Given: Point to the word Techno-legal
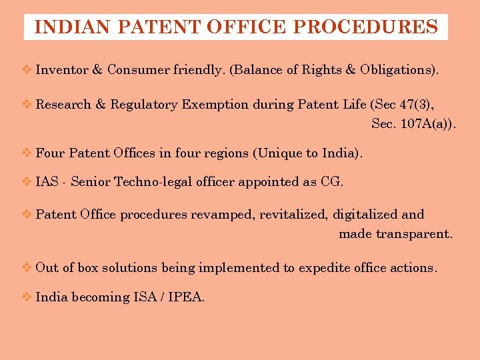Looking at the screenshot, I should coord(153,182).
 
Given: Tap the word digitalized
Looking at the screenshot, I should coord(365,215).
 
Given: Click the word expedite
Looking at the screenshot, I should coord(325,268).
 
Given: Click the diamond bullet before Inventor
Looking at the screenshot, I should coord(27,69).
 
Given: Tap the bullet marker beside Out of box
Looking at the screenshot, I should coord(27,268).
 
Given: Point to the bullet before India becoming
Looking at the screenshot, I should coord(27,297).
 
